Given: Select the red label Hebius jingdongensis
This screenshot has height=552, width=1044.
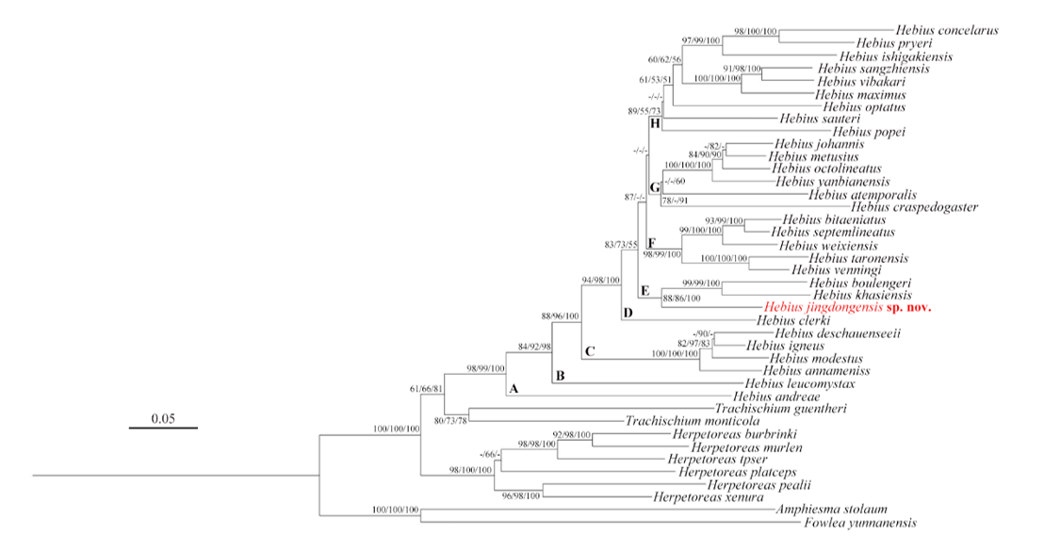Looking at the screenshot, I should coord(823,307).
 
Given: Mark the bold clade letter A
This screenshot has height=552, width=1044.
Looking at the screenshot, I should coord(514,388).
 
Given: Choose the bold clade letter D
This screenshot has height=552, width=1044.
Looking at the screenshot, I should coord(627,313).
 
